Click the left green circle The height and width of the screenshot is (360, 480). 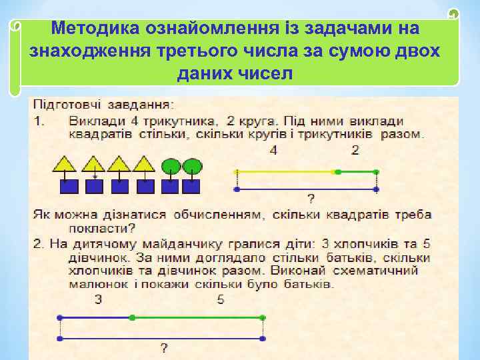click(171, 164)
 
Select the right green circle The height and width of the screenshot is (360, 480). click(193, 164)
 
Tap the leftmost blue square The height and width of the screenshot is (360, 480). click(69, 186)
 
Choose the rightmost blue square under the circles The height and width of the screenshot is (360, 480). click(193, 186)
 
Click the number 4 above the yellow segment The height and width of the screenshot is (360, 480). click(274, 151)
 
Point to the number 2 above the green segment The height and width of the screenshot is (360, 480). click(355, 151)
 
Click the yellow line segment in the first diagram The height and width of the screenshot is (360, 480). click(287, 172)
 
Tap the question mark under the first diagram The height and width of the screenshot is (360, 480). click(311, 198)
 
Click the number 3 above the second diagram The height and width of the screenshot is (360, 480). click(99, 300)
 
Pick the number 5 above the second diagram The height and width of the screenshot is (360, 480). click(221, 300)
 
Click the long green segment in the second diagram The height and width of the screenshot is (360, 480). click(198, 317)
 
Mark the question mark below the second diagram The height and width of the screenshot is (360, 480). click(163, 347)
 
